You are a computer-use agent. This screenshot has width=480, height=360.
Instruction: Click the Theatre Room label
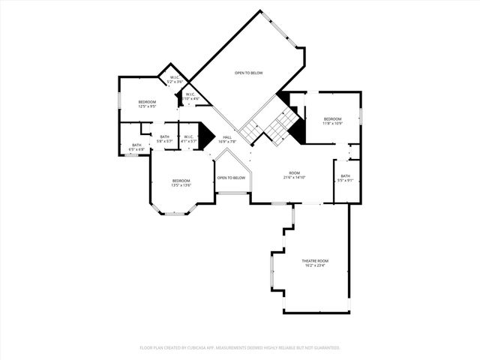[316, 260]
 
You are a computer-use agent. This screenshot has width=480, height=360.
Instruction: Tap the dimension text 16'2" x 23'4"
[316, 265]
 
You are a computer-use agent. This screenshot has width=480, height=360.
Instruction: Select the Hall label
[226, 136]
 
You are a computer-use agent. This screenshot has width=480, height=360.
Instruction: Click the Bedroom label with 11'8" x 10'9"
[332, 118]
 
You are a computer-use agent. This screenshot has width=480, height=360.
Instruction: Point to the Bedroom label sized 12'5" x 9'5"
[147, 101]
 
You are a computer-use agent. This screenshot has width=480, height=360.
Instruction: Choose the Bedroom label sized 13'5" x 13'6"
[181, 180]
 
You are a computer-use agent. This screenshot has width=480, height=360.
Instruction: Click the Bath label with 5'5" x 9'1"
[345, 175]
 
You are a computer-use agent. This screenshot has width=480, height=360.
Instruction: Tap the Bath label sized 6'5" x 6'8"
[136, 145]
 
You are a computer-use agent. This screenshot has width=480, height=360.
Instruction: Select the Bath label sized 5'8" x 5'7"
[165, 136]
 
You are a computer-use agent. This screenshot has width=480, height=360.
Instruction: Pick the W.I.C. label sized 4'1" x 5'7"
[190, 136]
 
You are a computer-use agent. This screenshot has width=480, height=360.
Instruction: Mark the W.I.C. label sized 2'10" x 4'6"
[191, 94]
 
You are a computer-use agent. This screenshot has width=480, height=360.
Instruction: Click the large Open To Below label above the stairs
[248, 73]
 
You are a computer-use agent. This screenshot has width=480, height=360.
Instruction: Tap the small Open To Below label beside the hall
[231, 178]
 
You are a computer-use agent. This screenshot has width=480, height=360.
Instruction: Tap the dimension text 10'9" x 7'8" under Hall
[226, 142]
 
